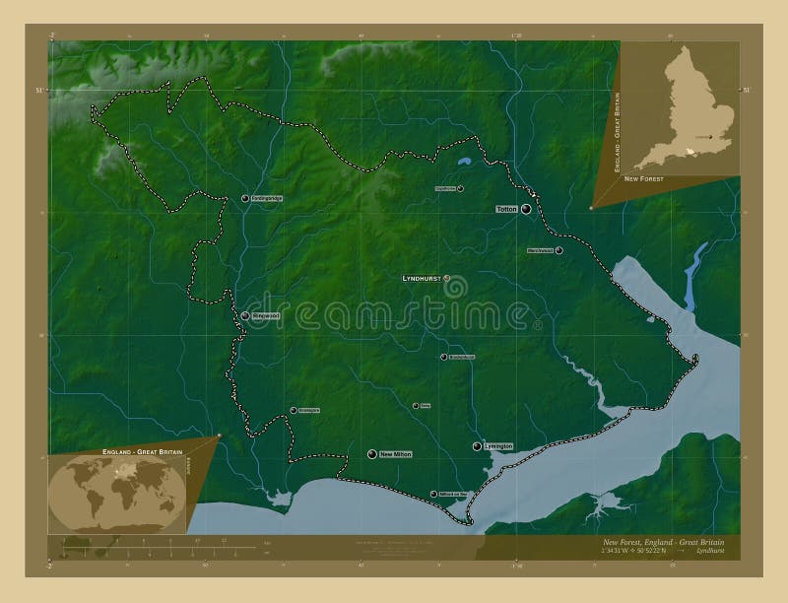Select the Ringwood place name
[x=267, y=316]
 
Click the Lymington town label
[x=499, y=447]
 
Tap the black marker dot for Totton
[x=526, y=210]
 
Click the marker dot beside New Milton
[x=372, y=454]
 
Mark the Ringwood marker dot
[x=244, y=316]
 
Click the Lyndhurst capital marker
[x=448, y=279]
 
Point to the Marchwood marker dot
[x=559, y=251]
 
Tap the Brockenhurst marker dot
[x=443, y=357]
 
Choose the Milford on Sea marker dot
[x=433, y=494]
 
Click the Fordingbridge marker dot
[x=244, y=199]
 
